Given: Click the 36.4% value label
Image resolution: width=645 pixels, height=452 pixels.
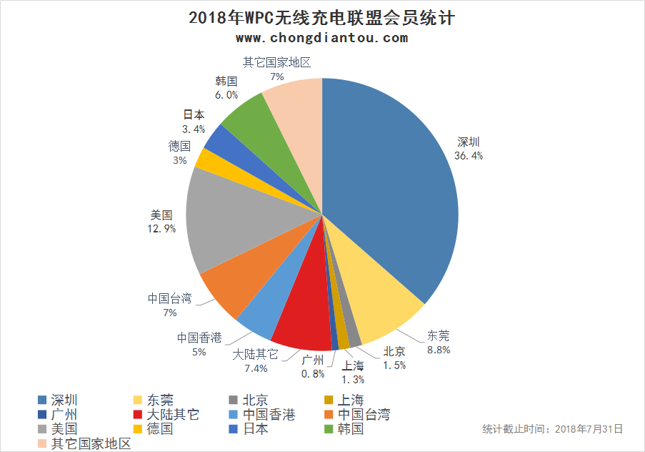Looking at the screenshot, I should (469, 155).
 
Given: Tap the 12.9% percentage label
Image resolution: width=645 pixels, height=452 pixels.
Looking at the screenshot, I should (161, 228).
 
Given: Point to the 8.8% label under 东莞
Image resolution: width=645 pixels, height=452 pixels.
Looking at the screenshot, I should (439, 350).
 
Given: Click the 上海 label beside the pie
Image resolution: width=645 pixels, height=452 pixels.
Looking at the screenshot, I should (353, 366).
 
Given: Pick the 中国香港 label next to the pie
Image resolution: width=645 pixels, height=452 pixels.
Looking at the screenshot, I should (199, 338).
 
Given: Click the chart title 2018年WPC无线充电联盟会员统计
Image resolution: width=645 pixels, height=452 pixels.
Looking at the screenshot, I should (322, 18).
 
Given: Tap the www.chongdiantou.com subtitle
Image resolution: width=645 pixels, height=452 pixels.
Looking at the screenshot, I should (321, 38).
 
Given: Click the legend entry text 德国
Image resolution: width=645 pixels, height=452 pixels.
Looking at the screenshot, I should (160, 429).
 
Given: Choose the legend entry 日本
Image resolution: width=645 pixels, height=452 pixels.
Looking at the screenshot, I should (256, 429).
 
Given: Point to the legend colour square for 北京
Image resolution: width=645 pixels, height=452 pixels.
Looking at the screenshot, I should (234, 400).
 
